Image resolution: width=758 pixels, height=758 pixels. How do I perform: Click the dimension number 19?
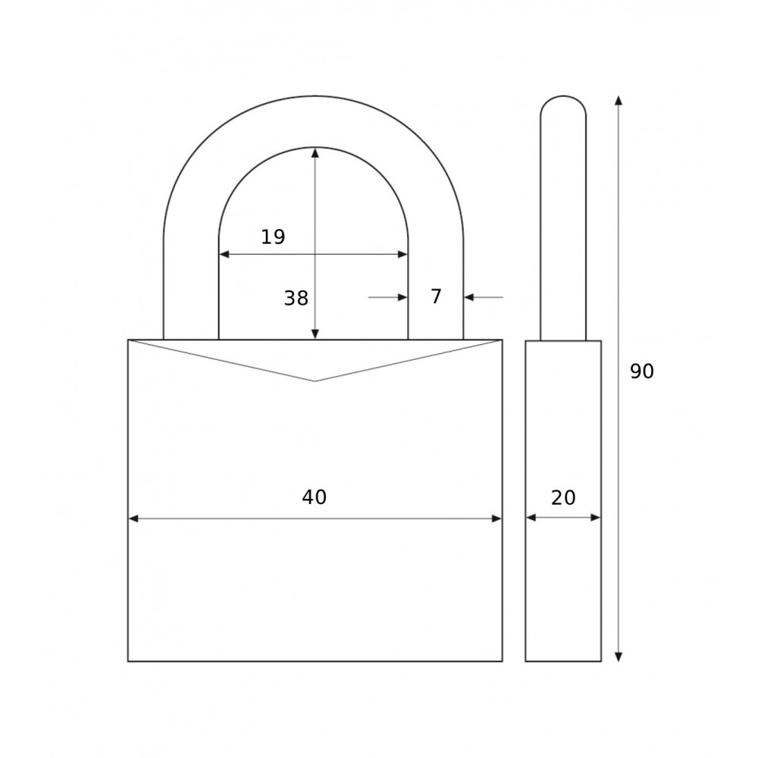pyautogui.click(x=273, y=236)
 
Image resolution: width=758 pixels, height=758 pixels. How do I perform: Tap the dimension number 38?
pyautogui.click(x=296, y=298)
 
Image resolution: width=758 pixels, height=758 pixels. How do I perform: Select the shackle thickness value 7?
pyautogui.click(x=436, y=296)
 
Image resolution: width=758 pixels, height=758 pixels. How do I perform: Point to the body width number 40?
pyautogui.click(x=315, y=497)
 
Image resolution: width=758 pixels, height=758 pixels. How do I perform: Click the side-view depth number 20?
pyautogui.click(x=563, y=497)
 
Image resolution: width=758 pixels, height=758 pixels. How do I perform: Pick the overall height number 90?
pyautogui.click(x=642, y=371)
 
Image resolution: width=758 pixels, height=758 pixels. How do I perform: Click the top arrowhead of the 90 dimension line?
pyautogui.click(x=619, y=101)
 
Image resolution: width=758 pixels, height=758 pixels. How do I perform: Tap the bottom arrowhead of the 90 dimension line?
pyautogui.click(x=619, y=656)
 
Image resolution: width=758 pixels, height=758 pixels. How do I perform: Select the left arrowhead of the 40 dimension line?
pyautogui.click(x=133, y=518)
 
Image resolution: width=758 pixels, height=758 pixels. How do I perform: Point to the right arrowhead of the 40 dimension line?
pyautogui.click(x=496, y=518)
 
